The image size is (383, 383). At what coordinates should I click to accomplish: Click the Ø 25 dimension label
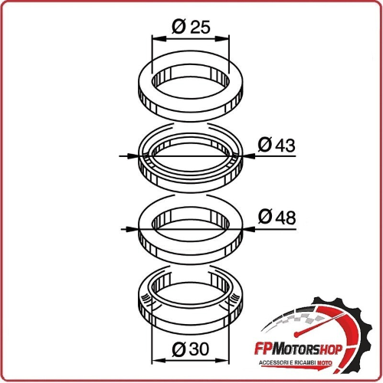pyautogui.click(x=191, y=27)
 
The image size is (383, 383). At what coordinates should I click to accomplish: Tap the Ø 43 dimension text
pyautogui.click(x=277, y=145)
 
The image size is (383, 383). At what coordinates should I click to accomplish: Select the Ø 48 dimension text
pyautogui.click(x=277, y=217)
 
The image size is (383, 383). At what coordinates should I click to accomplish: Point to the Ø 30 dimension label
pyautogui.click(x=191, y=349)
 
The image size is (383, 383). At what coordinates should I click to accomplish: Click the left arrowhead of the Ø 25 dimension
pyautogui.click(x=159, y=39)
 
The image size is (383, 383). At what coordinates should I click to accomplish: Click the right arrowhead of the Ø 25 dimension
pyautogui.click(x=222, y=39)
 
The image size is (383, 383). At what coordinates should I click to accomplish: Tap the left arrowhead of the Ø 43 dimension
pyautogui.click(x=132, y=155)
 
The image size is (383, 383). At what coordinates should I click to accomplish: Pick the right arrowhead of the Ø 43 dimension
pyautogui.click(x=250, y=155)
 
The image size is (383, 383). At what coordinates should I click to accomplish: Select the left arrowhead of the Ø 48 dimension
pyautogui.click(x=133, y=229)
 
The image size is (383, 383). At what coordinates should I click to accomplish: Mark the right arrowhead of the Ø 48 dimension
pyautogui.click(x=250, y=229)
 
